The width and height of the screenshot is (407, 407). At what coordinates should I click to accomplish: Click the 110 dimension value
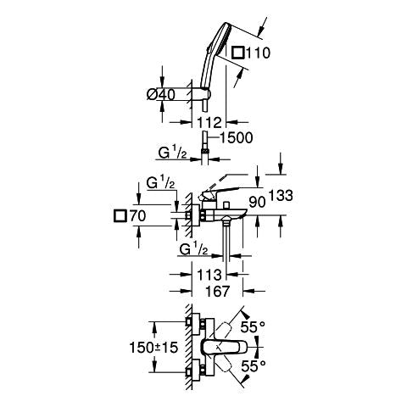[x=259, y=53]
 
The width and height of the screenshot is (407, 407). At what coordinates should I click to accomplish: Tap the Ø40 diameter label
[x=161, y=94]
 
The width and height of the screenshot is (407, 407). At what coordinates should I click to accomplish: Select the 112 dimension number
[x=209, y=123]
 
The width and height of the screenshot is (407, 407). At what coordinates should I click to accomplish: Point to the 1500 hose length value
[x=236, y=138]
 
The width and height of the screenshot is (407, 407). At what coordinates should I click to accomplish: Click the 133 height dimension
[x=281, y=195]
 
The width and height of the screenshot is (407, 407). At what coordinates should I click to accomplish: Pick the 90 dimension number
[x=257, y=202]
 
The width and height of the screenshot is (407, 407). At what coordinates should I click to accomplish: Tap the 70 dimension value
[x=137, y=216]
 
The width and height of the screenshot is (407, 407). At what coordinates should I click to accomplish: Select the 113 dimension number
[x=209, y=275]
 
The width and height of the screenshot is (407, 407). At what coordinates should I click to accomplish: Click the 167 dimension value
[x=217, y=292]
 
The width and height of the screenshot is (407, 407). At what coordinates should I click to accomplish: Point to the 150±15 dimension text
[x=153, y=348]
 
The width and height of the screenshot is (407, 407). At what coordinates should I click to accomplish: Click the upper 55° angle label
[x=253, y=327]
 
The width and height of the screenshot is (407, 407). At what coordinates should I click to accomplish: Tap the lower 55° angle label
[x=254, y=366]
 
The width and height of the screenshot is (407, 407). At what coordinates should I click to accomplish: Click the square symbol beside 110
[x=238, y=53]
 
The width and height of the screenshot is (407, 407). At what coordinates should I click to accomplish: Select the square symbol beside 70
[x=120, y=216]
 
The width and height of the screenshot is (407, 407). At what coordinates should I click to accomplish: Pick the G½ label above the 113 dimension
[x=194, y=249]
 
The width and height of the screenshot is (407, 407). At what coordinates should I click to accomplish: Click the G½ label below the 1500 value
[x=172, y=153]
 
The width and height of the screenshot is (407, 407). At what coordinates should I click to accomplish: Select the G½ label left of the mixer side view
[x=160, y=183]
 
